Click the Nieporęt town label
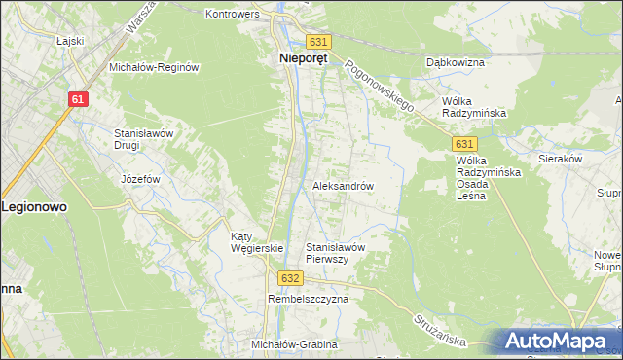click(299, 58)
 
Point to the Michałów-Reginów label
click(154, 67)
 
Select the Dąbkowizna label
click(456, 62)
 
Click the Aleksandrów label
click(343, 185)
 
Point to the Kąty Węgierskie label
click(256, 242)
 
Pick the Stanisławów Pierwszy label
click(335, 253)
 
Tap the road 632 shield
click(289, 278)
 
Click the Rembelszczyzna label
click(308, 300)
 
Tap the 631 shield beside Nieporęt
click(319, 42)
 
